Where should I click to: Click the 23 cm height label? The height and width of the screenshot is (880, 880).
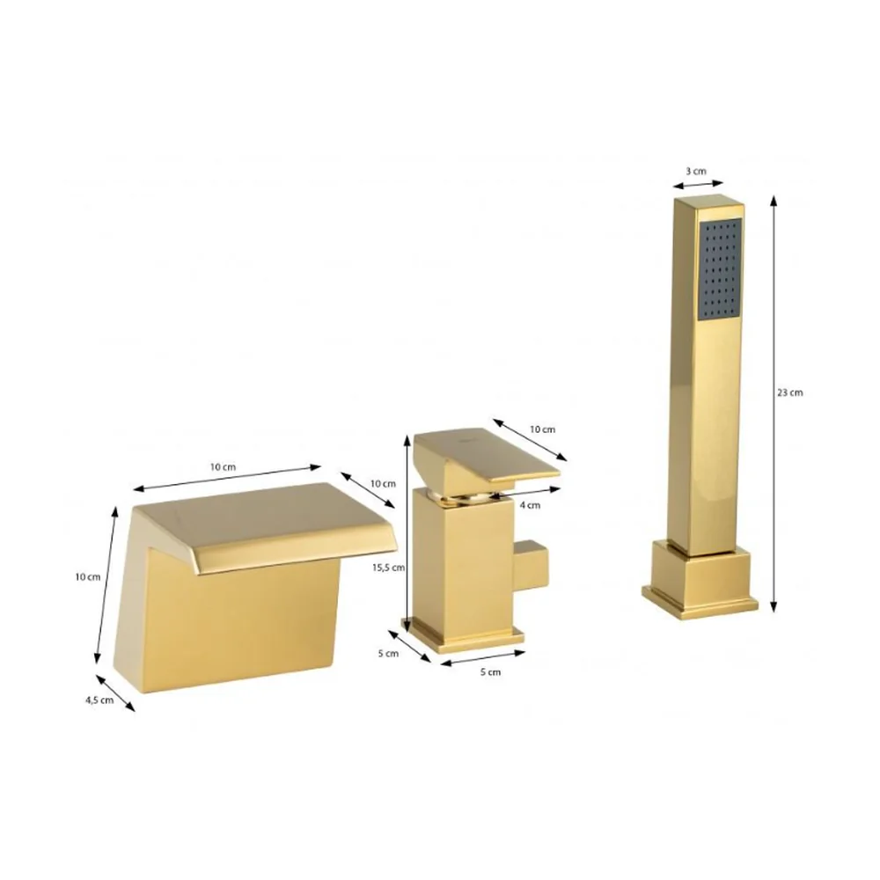789,392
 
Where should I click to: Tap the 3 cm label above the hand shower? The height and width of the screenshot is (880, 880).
696,172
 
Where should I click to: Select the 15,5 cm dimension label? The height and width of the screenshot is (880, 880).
388,568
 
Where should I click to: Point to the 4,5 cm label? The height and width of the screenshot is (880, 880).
99,700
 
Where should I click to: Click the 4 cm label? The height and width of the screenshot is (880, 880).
530,505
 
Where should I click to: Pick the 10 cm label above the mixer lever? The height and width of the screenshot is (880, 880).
542,429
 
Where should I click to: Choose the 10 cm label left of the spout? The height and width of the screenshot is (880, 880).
87,577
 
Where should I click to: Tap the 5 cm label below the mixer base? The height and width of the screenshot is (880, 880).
490,671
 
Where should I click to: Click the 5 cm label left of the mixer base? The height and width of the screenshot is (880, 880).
388,653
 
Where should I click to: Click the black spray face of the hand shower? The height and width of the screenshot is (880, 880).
720,269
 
